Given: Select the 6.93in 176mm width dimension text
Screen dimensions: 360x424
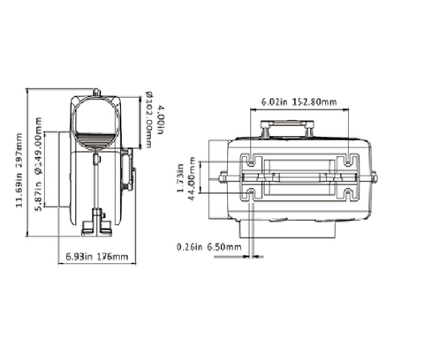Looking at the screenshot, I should (x=97, y=257).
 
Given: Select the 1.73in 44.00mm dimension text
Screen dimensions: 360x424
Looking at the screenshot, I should (x=185, y=176).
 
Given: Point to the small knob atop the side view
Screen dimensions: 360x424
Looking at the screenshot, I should (x=95, y=90).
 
